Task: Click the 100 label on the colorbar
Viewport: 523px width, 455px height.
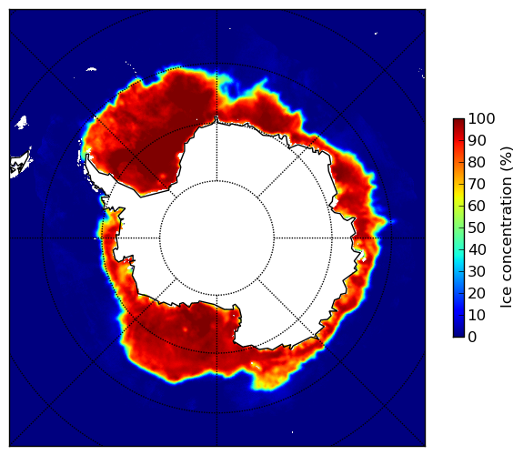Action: pos(482,118)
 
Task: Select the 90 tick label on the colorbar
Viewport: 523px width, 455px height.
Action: pos(478,140)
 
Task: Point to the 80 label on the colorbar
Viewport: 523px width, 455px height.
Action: pos(478,162)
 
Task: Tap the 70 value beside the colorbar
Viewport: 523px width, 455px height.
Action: pos(478,184)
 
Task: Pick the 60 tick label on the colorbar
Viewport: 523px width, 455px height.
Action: pos(478,206)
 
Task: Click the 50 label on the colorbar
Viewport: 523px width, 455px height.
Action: pos(478,228)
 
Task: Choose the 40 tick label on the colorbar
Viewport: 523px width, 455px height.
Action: pos(478,249)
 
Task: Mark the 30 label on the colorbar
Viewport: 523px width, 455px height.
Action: pos(478,272)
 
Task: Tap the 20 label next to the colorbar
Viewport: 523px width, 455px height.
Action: pos(478,293)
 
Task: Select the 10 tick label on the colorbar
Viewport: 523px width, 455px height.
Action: pos(478,316)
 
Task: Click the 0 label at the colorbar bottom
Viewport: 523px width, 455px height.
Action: pos(473,338)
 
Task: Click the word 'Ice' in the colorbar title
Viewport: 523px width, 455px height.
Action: pos(506,299)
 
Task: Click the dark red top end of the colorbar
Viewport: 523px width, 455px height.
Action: pos(458,121)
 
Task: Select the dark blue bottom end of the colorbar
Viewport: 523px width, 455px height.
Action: pos(458,335)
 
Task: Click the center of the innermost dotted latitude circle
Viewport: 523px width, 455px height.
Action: pos(216,238)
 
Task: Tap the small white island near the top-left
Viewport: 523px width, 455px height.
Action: pos(91,69)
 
